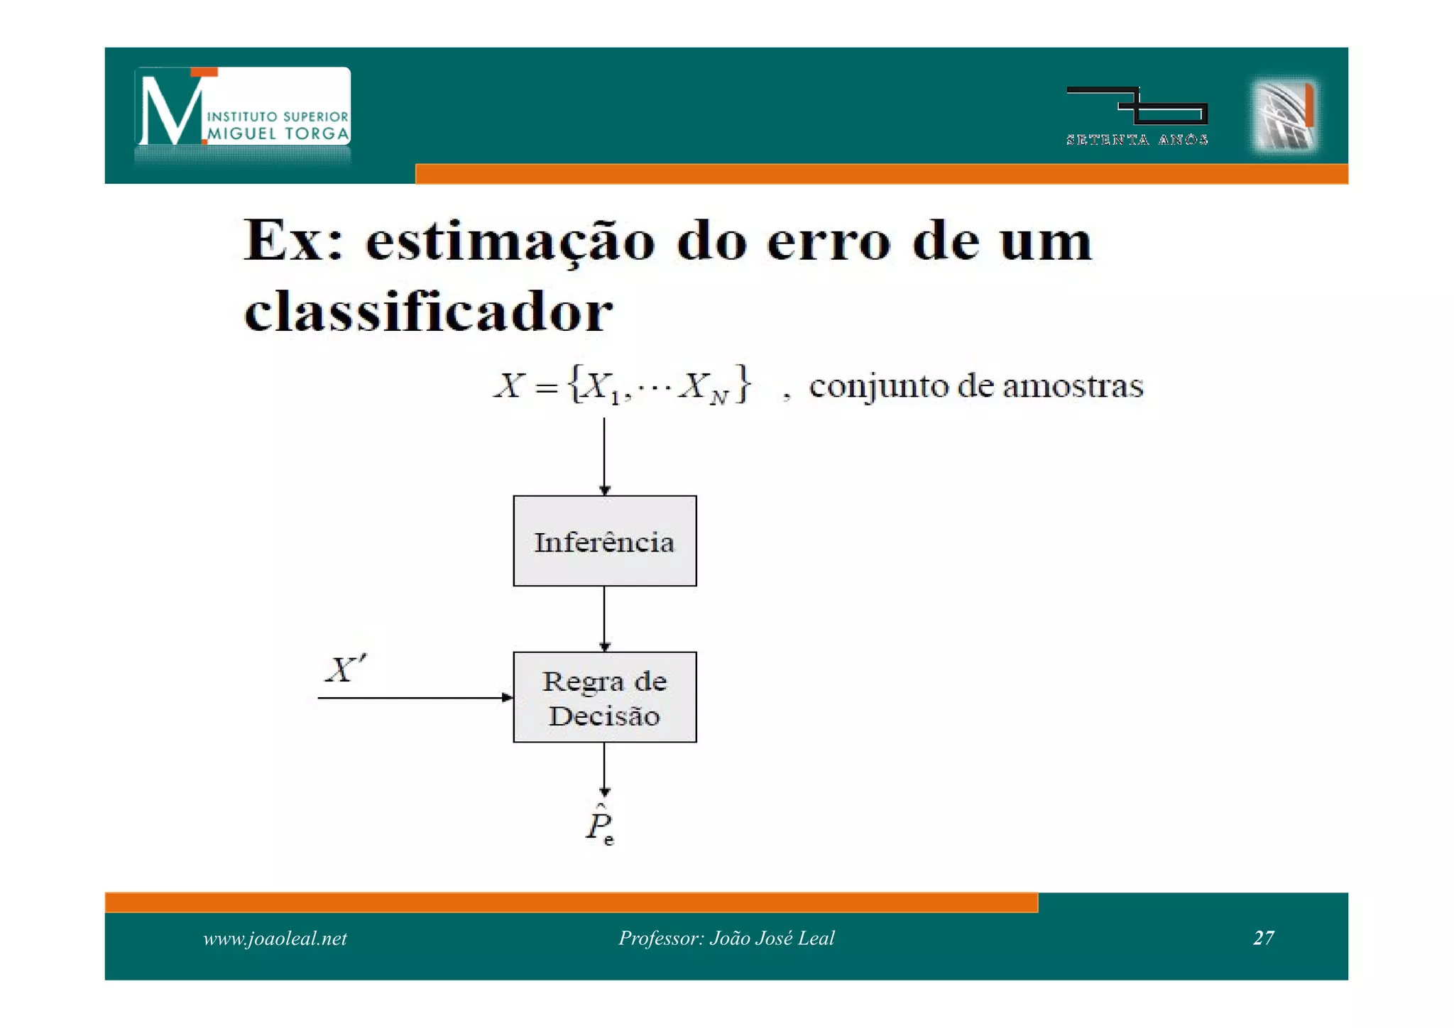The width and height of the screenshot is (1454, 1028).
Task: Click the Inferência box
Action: tap(604, 541)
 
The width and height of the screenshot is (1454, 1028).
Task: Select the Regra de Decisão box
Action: tap(604, 697)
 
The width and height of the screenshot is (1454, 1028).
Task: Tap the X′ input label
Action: tap(346, 669)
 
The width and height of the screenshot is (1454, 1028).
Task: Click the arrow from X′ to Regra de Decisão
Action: tap(415, 698)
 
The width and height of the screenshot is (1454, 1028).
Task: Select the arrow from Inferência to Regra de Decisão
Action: tap(604, 618)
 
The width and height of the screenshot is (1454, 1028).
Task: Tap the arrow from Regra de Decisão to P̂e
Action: tap(604, 769)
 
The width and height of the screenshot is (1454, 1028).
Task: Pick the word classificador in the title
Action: tap(428, 312)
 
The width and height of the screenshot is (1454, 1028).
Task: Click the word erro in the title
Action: tap(829, 242)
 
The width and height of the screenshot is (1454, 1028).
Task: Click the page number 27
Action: tap(1264, 938)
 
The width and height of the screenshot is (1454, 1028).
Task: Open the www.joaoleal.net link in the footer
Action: tap(275, 939)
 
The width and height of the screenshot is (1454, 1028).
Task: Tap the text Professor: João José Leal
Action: tap(726, 938)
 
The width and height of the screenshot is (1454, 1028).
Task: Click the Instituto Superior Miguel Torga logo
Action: tap(242, 107)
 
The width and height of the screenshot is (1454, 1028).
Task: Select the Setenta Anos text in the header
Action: tap(1137, 140)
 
